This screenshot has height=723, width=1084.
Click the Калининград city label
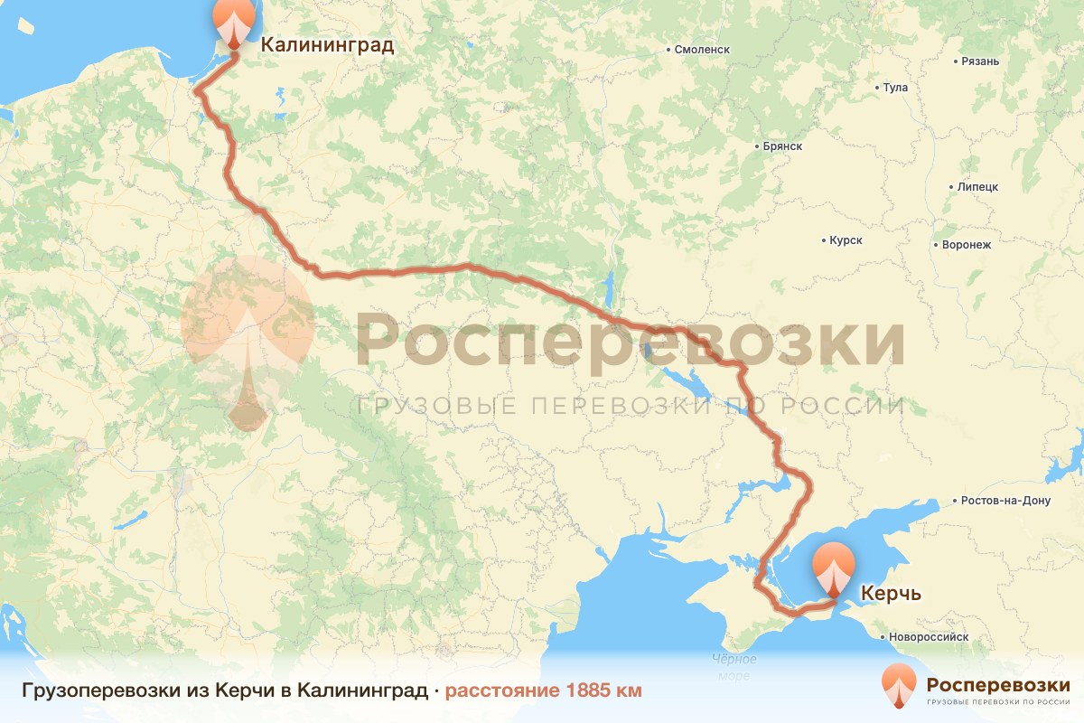tap(327, 45)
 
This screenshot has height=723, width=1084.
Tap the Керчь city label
tap(891, 594)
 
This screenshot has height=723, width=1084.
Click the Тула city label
tap(895, 88)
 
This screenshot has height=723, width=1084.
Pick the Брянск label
tap(782, 146)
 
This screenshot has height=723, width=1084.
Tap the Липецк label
tap(977, 187)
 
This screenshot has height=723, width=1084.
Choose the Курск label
tap(846, 240)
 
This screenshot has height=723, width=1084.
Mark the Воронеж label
tap(966, 245)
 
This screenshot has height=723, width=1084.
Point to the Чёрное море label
tap(734, 668)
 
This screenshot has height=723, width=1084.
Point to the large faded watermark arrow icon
tap(247, 343)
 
